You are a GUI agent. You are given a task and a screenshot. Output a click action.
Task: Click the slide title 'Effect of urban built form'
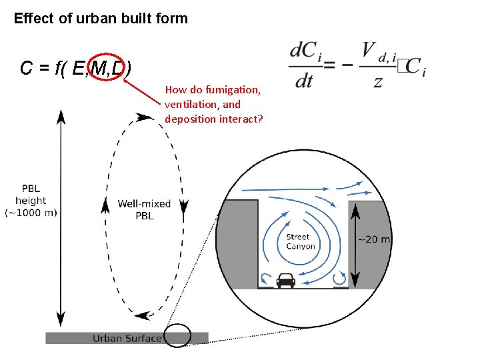click(101, 19)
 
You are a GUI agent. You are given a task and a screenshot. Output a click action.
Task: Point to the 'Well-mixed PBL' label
click(144, 209)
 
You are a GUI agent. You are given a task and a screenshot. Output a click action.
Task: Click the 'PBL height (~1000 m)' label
click(31, 200)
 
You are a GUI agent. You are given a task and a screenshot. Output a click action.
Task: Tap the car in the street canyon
click(285, 280)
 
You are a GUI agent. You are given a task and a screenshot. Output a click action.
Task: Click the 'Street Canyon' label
click(300, 241)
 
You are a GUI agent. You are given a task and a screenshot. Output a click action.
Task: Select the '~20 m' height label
click(374, 239)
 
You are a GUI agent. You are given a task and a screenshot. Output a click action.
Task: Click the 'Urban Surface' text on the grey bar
click(127, 338)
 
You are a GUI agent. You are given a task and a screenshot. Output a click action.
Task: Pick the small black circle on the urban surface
click(177, 336)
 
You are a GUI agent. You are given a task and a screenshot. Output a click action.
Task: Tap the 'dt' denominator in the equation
click(304, 81)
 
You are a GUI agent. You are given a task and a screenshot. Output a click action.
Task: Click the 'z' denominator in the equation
click(378, 81)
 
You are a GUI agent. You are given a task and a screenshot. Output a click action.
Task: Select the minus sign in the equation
click(347, 67)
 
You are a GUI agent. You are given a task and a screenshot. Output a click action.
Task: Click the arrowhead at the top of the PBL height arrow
click(61, 115)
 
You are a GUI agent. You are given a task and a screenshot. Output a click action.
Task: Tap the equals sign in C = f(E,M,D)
click(45, 68)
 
